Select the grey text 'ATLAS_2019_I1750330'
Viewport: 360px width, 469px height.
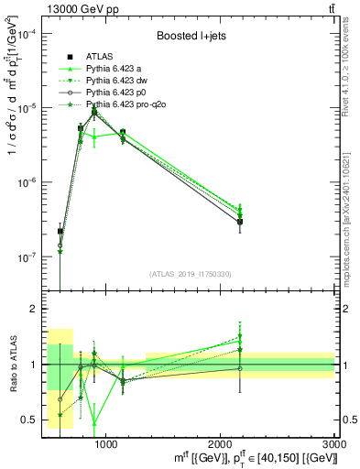[190, 274]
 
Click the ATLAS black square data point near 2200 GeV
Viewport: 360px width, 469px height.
[240, 222]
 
